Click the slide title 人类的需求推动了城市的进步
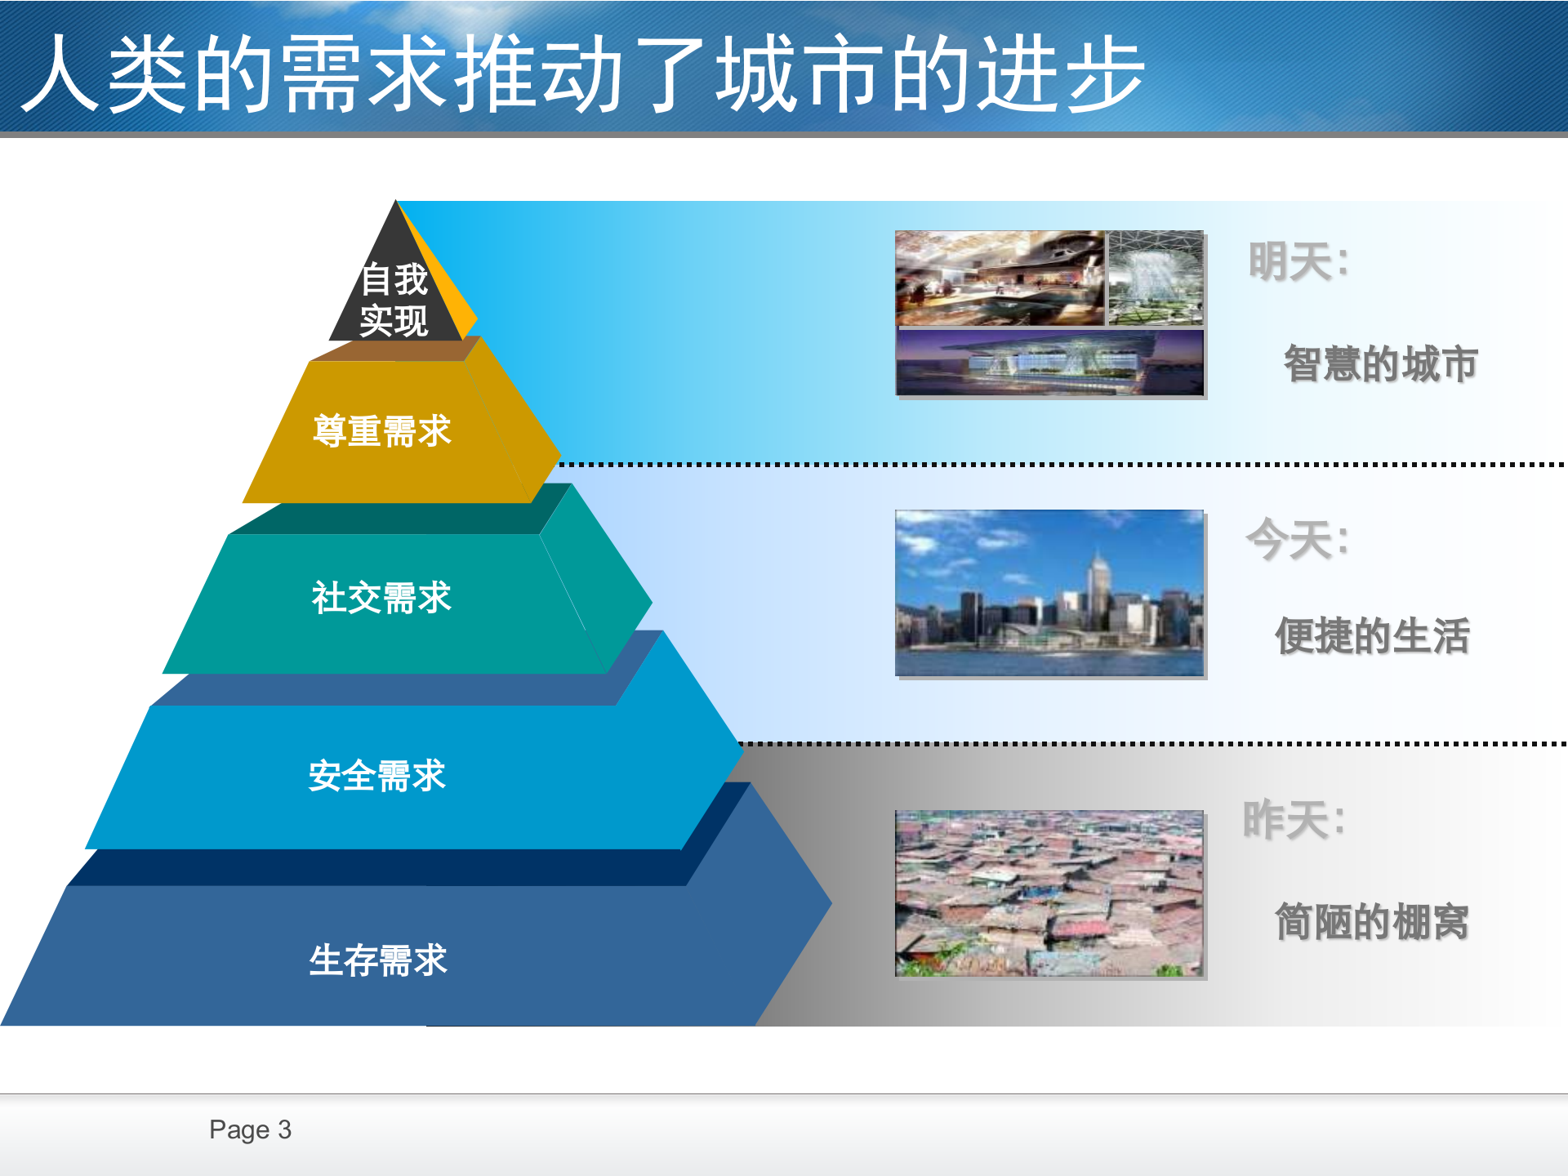[583, 73]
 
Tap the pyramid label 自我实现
[394, 300]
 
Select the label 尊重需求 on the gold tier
[382, 431]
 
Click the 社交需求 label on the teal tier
[381, 598]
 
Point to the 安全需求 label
[377, 776]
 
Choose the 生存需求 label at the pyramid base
[378, 960]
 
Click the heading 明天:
[1298, 262]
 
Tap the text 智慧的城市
[1380, 364]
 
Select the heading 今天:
[1297, 540]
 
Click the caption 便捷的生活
[1372, 636]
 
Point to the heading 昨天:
[1294, 820]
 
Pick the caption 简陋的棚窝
[1372, 922]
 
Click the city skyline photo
[1049, 593]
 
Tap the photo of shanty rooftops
[1049, 893]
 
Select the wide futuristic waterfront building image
[1049, 363]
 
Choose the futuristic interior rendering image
[1000, 278]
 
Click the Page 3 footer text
[250, 1129]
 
